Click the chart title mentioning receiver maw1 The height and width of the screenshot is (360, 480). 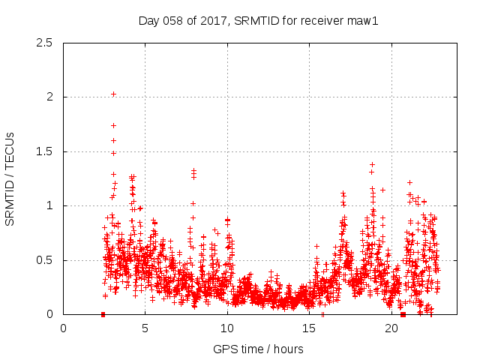(258, 20)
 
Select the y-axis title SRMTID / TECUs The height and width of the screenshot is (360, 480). (10, 178)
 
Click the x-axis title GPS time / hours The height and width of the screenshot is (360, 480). (258, 349)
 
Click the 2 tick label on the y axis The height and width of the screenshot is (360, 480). (49, 97)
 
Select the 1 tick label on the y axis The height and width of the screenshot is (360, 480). (49, 205)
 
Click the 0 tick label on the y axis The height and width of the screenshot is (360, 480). (49, 314)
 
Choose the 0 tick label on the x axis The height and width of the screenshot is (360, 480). (63, 328)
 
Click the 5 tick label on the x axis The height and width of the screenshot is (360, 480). (145, 328)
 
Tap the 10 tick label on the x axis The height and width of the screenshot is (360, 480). (227, 328)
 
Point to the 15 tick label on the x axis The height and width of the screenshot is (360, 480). (310, 328)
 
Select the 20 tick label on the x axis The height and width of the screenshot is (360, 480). (391, 328)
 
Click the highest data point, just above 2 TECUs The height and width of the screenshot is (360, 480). (113, 94)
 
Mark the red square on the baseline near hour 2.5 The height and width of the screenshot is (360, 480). (103, 314)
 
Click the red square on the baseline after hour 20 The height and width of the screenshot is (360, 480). (403, 314)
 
